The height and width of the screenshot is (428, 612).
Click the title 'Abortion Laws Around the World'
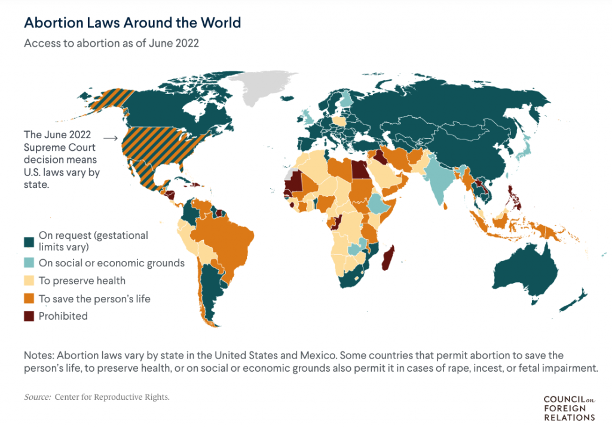click(x=132, y=23)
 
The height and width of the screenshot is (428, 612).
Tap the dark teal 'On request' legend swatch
click(x=29, y=241)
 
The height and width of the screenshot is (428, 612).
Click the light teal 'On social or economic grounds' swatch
click(x=29, y=263)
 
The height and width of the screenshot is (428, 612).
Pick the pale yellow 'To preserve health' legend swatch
click(x=29, y=280)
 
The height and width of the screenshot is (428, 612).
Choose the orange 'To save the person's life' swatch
click(x=29, y=298)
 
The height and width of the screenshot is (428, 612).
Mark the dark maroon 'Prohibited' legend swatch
click(x=29, y=315)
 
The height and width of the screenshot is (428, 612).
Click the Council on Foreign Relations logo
click(x=568, y=408)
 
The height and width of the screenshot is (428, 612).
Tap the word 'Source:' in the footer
click(x=37, y=397)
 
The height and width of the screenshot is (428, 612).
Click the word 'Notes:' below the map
click(x=38, y=355)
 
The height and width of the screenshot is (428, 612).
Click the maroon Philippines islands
click(x=513, y=198)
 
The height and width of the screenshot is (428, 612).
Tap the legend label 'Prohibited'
click(x=63, y=315)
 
